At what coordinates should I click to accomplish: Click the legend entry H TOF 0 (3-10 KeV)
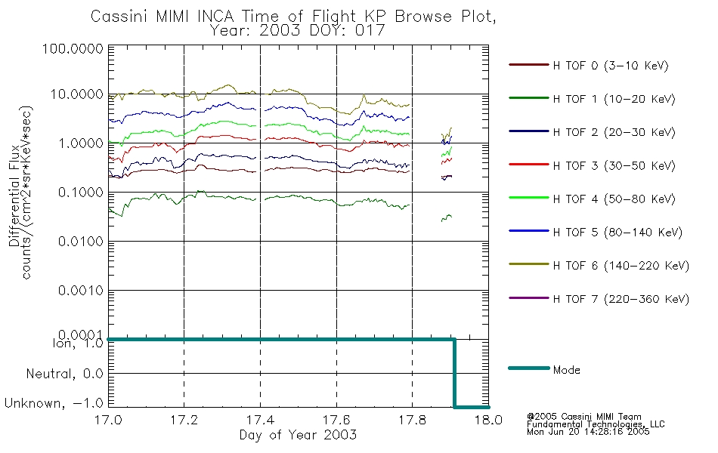611,66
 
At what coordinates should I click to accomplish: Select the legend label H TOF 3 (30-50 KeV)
614,165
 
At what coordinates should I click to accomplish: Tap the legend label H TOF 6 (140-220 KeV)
621,266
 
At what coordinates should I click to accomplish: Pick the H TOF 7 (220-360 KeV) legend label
621,299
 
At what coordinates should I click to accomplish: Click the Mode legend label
566,370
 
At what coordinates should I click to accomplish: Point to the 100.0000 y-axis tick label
73,48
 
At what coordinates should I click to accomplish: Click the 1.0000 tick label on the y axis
81,143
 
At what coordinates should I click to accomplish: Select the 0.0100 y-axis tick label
81,241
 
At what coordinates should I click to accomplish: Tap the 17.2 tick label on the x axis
184,420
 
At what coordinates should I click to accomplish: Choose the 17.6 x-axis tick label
336,420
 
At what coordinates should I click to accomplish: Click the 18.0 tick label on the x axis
488,420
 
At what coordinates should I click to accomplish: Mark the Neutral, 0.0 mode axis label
64,374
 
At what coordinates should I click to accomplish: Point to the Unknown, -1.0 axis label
54,404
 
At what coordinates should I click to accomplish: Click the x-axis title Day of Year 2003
298,435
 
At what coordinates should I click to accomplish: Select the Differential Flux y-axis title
14,196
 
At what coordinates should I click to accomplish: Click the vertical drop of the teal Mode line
454,373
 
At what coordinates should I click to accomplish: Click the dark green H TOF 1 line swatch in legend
529,98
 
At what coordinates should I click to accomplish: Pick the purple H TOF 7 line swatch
529,298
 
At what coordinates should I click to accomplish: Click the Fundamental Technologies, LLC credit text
596,424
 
